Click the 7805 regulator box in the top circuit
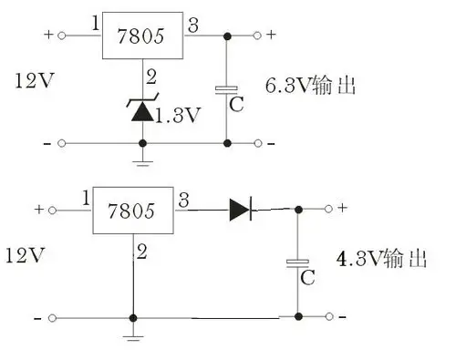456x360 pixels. pos(140,36)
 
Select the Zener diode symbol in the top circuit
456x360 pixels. pos(142,110)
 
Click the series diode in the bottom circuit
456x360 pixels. pos(240,209)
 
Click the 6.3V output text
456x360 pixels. pos(309,87)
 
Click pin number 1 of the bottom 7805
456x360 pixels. pos(84,197)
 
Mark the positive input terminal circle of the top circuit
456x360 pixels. pos(62,36)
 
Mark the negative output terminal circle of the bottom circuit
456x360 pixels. pos(331,317)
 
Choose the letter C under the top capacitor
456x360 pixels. pos(236,104)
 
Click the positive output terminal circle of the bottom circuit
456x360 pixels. pos(331,209)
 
